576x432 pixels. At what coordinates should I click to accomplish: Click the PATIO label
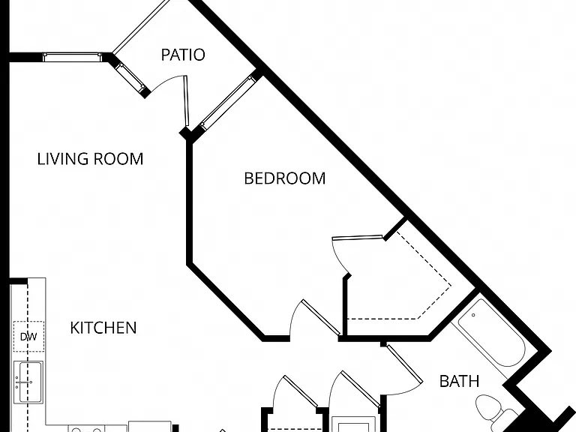point(183,55)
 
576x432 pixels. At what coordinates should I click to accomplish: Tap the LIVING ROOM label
point(90,159)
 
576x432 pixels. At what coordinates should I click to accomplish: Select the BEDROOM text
point(285,178)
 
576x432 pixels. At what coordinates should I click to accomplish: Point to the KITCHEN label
point(103,328)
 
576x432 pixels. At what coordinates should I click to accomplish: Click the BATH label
point(459,381)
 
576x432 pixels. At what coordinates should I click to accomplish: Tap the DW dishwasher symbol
point(28,337)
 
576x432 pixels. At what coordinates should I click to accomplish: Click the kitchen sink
point(28,382)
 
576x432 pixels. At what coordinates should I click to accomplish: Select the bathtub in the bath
point(488,333)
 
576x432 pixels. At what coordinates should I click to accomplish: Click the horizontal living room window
point(72,57)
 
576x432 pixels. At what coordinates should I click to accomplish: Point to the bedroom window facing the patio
point(228,103)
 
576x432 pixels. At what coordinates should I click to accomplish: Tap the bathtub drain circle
point(473,315)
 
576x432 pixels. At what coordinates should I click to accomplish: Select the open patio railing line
point(141,26)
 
